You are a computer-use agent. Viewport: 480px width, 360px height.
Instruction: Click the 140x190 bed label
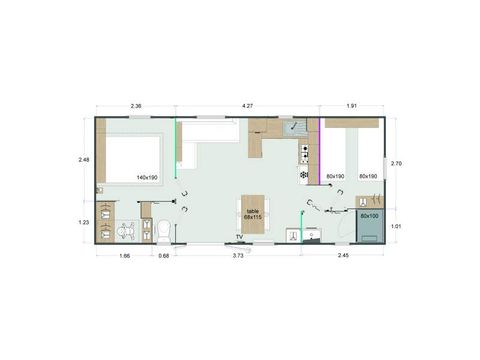pos(147,177)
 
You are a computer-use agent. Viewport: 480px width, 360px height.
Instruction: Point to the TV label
pos(239,236)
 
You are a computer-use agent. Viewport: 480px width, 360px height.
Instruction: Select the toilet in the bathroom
pos(163,231)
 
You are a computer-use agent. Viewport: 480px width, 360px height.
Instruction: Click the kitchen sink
pos(296,128)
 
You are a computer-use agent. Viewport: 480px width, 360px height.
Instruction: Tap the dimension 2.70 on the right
pos(396,163)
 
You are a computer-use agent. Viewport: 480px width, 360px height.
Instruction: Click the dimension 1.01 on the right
pos(396,227)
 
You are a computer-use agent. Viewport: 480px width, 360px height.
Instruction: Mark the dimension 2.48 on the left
pos(85,158)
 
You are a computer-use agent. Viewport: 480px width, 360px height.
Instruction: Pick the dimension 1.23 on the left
pos(85,222)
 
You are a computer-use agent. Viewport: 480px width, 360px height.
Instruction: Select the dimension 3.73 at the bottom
pos(238,256)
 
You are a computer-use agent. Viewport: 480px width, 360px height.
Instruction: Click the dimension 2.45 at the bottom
pos(343,256)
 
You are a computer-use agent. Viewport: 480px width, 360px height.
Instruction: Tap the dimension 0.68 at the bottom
pos(163,256)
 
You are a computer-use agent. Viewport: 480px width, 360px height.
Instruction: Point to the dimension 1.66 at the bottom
pos(124,256)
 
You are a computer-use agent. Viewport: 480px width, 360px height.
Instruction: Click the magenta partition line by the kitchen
pos(320,150)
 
